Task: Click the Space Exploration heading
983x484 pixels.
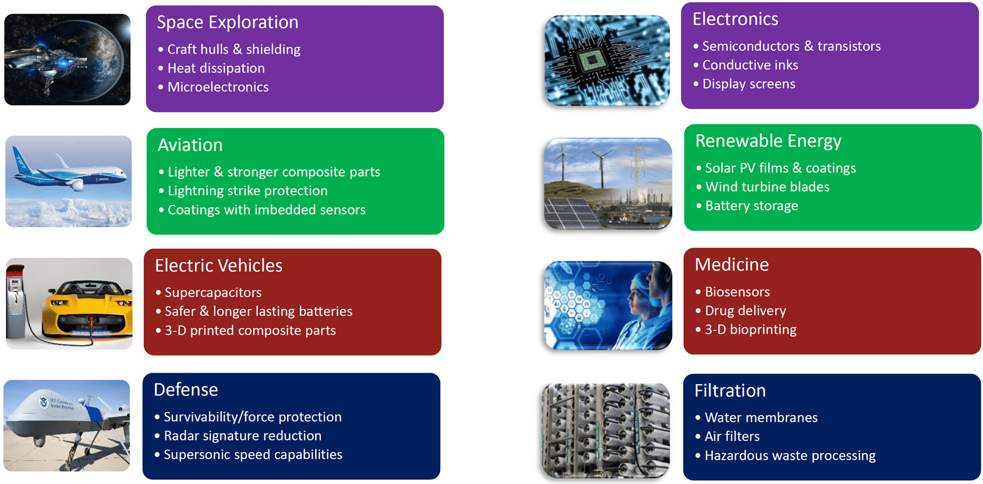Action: (x=227, y=22)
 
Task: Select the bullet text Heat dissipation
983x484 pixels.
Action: (x=216, y=68)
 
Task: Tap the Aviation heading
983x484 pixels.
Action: (x=190, y=145)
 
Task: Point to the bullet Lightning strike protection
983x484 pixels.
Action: (x=247, y=191)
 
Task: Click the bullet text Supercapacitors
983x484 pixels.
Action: (x=213, y=293)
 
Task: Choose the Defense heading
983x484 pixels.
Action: (x=186, y=389)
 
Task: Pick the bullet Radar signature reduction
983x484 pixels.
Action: (x=242, y=436)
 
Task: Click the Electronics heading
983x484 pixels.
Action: (x=735, y=19)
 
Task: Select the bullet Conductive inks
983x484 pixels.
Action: (x=750, y=65)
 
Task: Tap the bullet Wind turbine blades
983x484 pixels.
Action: (x=767, y=187)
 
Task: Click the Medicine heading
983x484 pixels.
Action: (x=731, y=265)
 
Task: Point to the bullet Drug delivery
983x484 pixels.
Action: (x=745, y=311)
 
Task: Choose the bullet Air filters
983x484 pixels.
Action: (x=732, y=436)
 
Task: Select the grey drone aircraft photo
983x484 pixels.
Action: (x=67, y=426)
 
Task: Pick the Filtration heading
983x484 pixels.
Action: (x=730, y=391)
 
